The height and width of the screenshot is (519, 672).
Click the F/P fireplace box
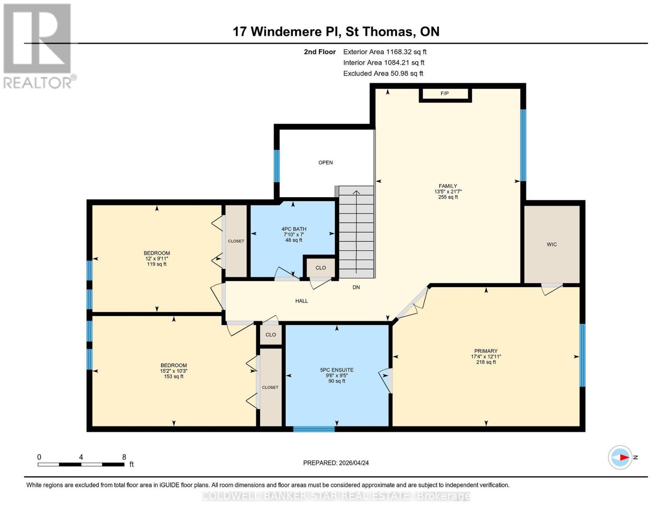(445, 94)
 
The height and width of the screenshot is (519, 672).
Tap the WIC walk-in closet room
(552, 244)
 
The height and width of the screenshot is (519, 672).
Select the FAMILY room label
(448, 186)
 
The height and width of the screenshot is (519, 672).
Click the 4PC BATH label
(293, 229)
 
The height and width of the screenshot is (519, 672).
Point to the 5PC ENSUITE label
(337, 370)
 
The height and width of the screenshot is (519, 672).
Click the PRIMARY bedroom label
(486, 351)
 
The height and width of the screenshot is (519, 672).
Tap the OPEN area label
(325, 163)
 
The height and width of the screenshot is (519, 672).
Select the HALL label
(302, 301)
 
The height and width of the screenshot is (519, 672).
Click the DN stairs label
(356, 287)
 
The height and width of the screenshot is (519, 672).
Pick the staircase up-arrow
(356, 192)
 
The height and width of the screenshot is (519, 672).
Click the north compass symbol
(621, 457)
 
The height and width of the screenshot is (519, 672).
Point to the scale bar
(81, 465)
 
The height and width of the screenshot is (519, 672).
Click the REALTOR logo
(38, 45)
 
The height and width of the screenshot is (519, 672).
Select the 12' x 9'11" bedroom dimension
(157, 259)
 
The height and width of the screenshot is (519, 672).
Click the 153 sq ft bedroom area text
(174, 377)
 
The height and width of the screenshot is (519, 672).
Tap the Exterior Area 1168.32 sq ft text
(385, 52)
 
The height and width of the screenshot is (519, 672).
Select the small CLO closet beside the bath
(321, 268)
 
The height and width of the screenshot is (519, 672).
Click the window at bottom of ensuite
(314, 429)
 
